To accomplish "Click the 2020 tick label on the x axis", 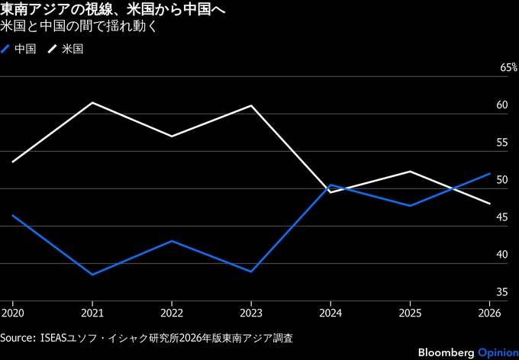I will click(13, 312).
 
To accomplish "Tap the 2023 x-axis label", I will click(251, 312).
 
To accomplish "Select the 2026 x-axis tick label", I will click(489, 312).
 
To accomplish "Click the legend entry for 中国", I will click(21, 49).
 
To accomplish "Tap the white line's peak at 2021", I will click(92, 102).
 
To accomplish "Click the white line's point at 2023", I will click(251, 105).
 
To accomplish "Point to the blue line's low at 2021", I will click(92, 275).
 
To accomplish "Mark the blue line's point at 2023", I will click(251, 272).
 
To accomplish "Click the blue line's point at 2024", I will click(330, 185).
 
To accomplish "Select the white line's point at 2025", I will click(410, 172).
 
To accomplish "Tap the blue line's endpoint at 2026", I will click(489, 173).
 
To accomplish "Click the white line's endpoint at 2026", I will click(489, 204).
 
